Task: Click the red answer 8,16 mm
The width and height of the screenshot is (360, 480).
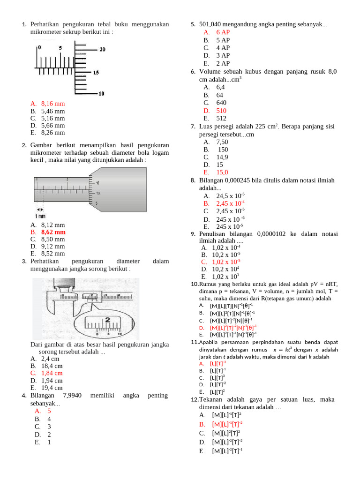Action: point(52,104)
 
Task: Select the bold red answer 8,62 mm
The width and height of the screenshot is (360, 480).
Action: point(53,232)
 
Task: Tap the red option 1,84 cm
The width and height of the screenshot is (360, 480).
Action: point(52,373)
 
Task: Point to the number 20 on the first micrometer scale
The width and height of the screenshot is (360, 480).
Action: point(102,50)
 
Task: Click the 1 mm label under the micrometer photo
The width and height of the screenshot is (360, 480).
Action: point(40,216)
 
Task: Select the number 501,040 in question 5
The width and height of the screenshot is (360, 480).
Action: point(211,24)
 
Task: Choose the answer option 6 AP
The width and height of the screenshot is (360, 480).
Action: point(223,32)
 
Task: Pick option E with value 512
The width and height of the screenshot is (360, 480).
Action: point(221,118)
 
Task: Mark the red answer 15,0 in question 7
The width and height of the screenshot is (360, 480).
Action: point(222,172)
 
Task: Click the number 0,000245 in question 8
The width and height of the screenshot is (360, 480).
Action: point(238,180)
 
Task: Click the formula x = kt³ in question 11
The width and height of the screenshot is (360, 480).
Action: point(282,349)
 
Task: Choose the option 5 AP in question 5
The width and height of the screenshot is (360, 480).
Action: point(223,40)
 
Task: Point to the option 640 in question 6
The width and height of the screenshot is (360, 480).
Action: point(221,103)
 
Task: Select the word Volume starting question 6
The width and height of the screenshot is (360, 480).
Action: point(210,72)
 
